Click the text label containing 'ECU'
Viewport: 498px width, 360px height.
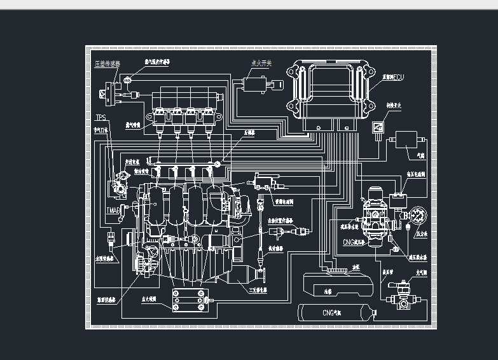tap(393, 78)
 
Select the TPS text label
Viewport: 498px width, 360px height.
tap(100, 118)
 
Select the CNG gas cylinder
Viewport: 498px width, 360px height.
tap(337, 312)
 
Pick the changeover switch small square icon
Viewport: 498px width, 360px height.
tap(378, 128)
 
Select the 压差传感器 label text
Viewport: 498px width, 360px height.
tap(107, 64)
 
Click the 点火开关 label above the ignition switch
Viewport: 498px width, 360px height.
tap(261, 64)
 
